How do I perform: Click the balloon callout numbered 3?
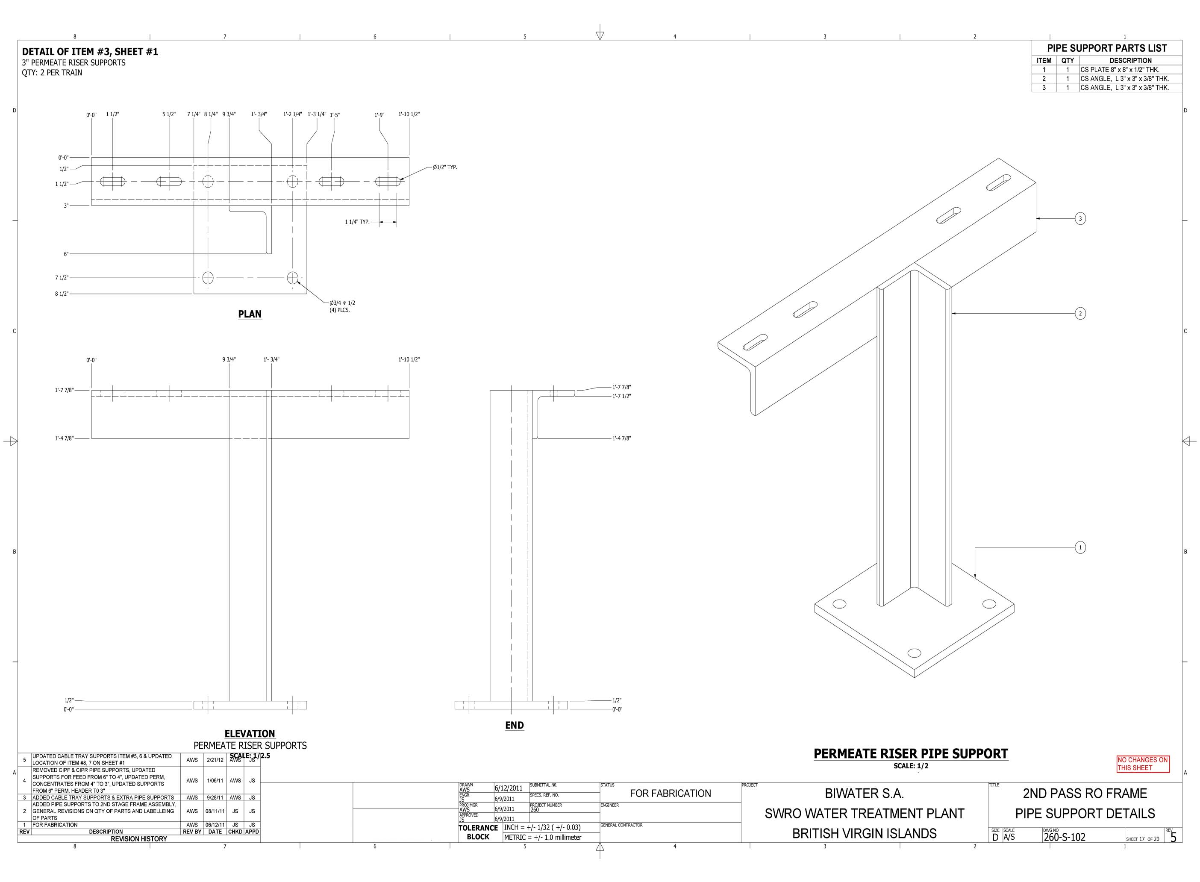tap(1080, 218)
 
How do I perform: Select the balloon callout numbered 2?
tap(1080, 313)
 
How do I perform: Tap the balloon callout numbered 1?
tap(1080, 547)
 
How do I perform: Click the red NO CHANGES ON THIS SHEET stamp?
tap(1143, 764)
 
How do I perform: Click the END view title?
tap(514, 725)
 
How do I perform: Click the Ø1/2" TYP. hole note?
tap(445, 167)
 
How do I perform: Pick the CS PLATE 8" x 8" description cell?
tap(1119, 69)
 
